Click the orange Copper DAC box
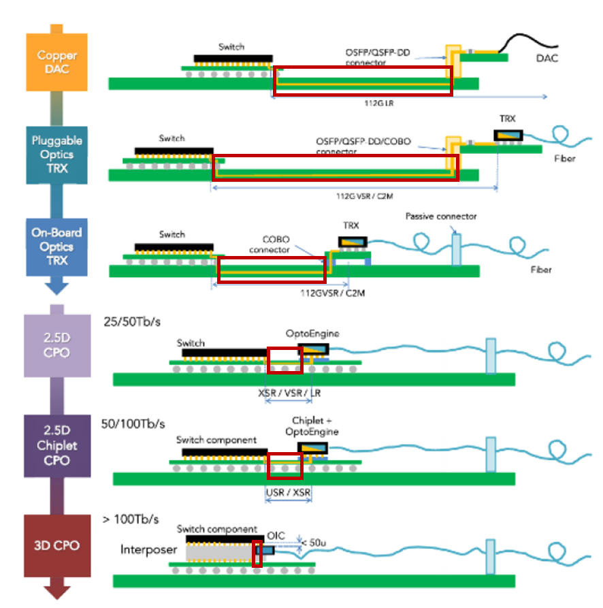click(56, 62)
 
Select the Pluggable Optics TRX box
click(56, 155)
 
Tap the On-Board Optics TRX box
click(56, 247)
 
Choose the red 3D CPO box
click(57, 545)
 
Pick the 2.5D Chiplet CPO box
click(57, 445)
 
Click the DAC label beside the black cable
click(547, 58)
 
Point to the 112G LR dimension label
click(378, 103)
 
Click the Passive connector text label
click(441, 217)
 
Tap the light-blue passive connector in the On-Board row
click(457, 250)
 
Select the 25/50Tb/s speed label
click(132, 322)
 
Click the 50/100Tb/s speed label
click(133, 423)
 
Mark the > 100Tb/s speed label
click(131, 519)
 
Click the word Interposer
click(148, 549)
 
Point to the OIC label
click(276, 536)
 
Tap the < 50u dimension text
click(314, 543)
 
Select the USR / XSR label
click(288, 492)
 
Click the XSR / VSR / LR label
click(289, 393)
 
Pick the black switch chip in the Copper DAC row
click(233, 59)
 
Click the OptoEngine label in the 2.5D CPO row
click(312, 334)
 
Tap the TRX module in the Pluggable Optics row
click(508, 135)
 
